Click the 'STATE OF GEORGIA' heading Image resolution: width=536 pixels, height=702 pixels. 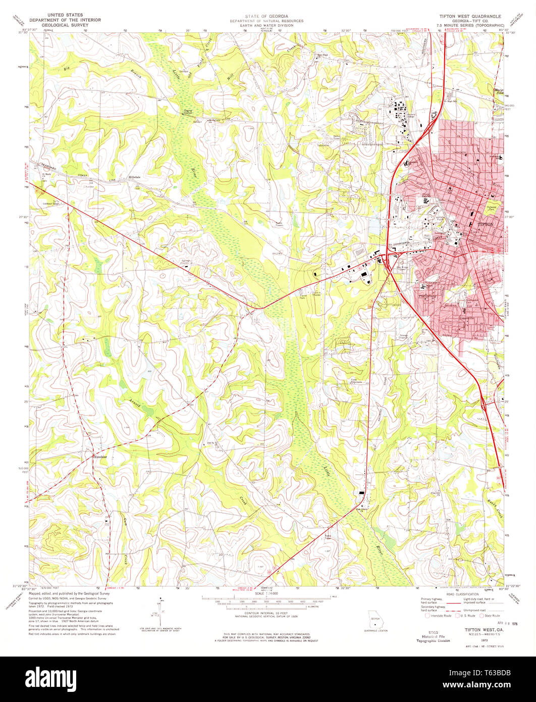click(267, 16)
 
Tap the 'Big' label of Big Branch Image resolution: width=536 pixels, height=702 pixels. click(65, 67)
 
